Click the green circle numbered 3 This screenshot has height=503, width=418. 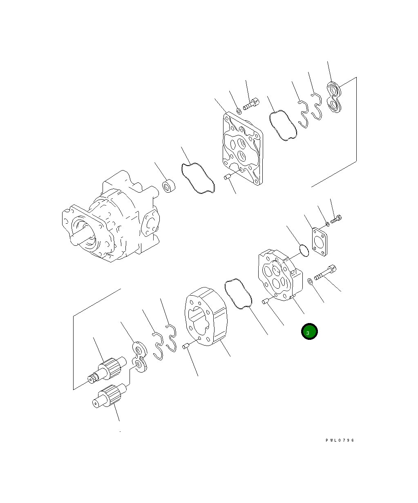coord(309,332)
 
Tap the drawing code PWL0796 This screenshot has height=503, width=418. coord(340,440)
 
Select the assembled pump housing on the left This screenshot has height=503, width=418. coord(111,216)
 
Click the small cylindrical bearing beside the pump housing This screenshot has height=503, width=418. coord(169,186)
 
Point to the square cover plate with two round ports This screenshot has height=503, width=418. coord(243,148)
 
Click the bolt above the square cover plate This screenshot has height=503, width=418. coord(251,104)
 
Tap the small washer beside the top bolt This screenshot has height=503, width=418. coord(239,111)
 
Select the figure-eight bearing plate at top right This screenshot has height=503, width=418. coord(334,97)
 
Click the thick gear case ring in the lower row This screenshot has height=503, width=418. coord(206,317)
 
